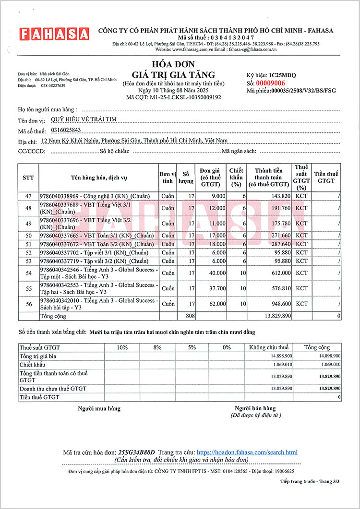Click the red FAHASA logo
(54, 34)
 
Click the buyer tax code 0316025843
(65, 130)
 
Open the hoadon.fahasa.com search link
(247, 452)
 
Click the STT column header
(28, 178)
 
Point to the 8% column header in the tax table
(157, 347)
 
